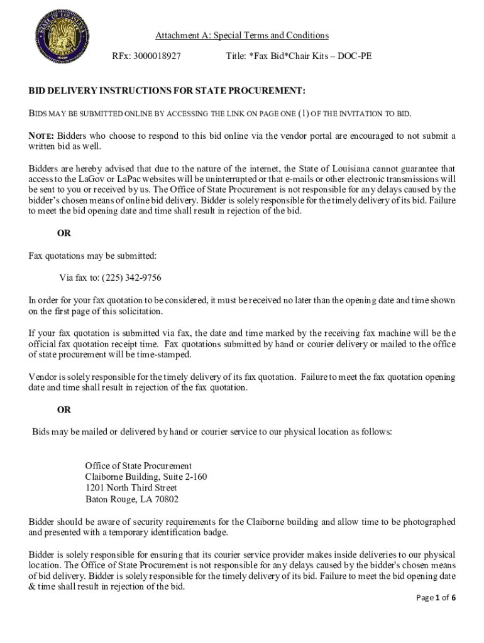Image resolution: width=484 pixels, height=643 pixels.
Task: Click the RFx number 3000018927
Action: (x=157, y=56)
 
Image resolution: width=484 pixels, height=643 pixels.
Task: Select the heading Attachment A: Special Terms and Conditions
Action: (x=242, y=36)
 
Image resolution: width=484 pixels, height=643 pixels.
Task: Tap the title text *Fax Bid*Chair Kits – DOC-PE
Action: (x=299, y=56)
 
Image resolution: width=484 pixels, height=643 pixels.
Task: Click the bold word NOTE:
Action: (x=41, y=136)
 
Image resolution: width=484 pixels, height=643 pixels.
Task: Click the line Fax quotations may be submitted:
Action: (x=92, y=256)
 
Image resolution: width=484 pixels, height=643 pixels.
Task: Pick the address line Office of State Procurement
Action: (x=138, y=466)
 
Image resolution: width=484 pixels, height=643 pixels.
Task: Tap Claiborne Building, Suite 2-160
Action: (x=146, y=477)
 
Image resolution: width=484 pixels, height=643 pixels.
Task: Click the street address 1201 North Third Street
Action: (x=131, y=489)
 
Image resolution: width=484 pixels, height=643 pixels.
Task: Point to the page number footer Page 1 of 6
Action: (x=436, y=598)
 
